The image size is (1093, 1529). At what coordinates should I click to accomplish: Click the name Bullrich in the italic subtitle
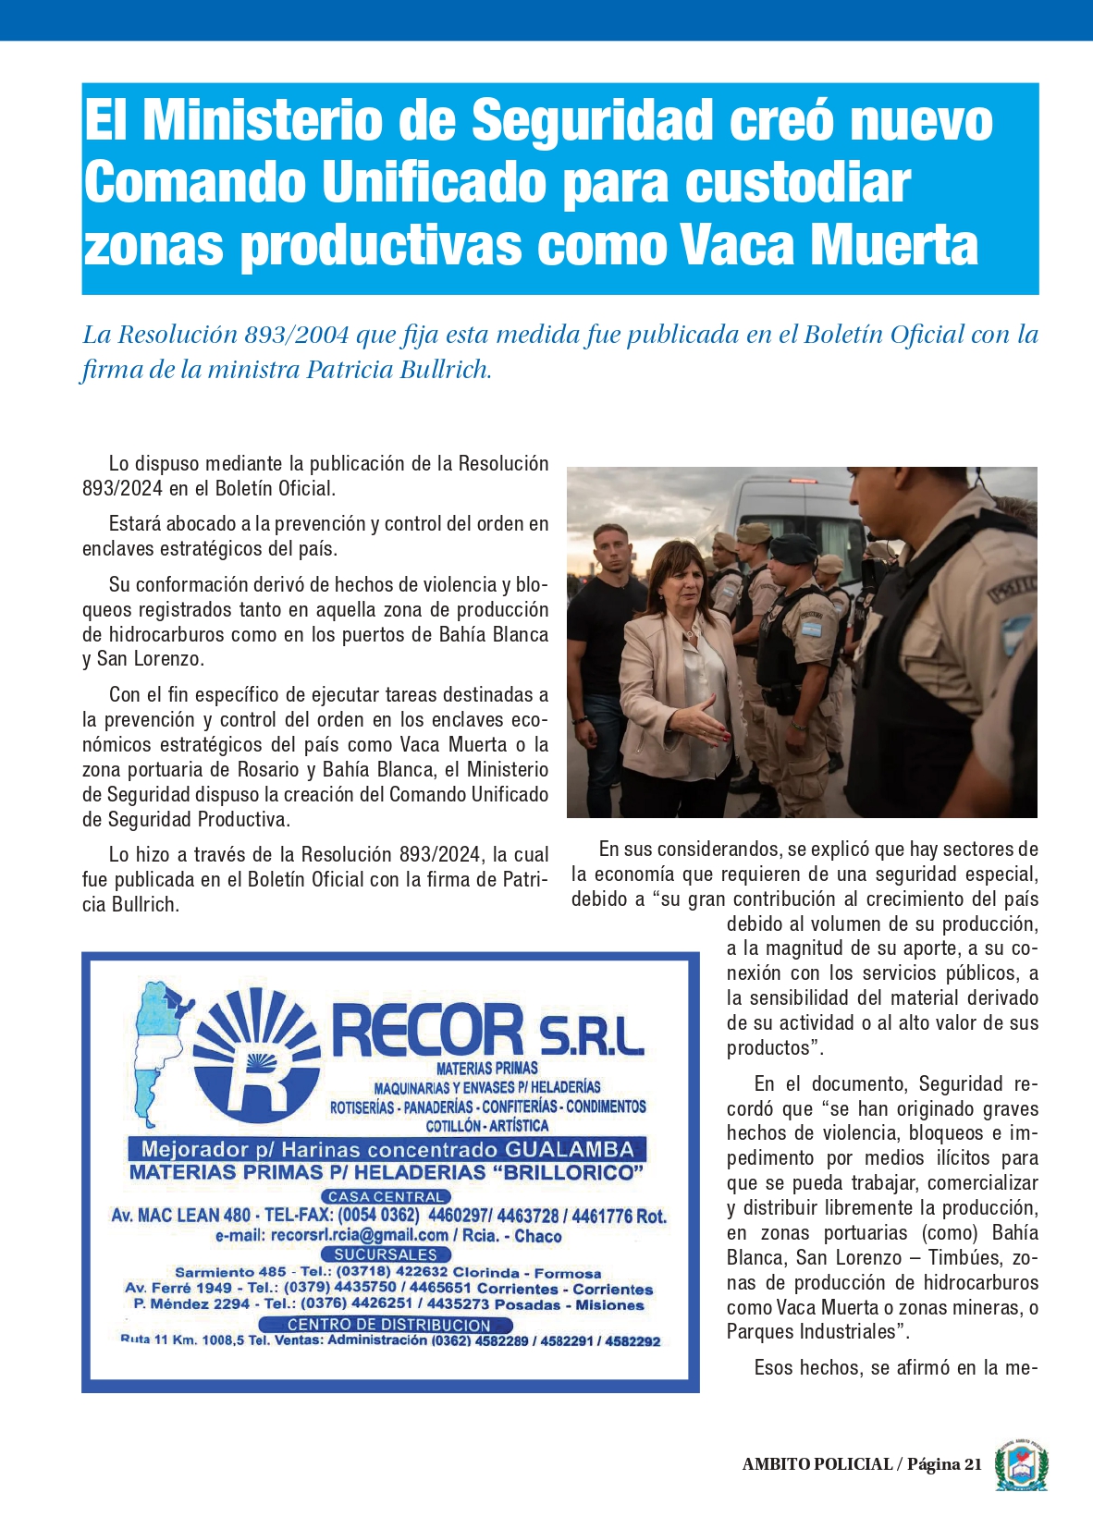[x=443, y=370]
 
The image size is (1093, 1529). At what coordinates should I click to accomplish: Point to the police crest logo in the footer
[x=1021, y=1464]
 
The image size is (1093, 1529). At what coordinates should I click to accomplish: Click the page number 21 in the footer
[x=972, y=1464]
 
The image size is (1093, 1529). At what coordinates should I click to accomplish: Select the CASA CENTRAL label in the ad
[x=386, y=1196]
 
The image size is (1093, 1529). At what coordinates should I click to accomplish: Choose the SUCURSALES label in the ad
[x=386, y=1254]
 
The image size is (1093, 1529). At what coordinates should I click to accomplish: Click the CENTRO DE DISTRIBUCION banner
[x=388, y=1325]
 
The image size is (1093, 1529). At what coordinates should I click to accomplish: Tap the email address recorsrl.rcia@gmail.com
[x=359, y=1235]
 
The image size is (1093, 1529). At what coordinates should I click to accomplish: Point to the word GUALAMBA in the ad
[x=569, y=1149]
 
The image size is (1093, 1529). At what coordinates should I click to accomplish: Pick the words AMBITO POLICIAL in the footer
[x=817, y=1464]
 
